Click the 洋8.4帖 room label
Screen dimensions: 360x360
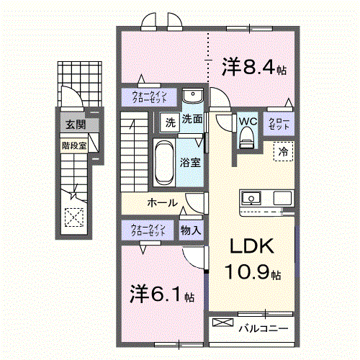pyautogui.click(x=254, y=68)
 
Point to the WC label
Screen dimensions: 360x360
pyautogui.click(x=247, y=121)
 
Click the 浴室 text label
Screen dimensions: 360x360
pyautogui.click(x=190, y=162)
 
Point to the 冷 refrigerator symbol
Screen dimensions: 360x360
pyautogui.click(x=283, y=151)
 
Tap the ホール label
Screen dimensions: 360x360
pyautogui.click(x=163, y=203)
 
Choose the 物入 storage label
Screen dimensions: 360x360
pyautogui.click(x=190, y=230)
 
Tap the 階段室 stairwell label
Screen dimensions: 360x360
pyautogui.click(x=73, y=144)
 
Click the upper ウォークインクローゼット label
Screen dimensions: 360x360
pyautogui.click(x=148, y=96)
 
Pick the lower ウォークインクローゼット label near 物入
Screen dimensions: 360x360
pyautogui.click(x=148, y=230)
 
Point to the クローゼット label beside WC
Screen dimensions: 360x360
pyautogui.click(x=279, y=124)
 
